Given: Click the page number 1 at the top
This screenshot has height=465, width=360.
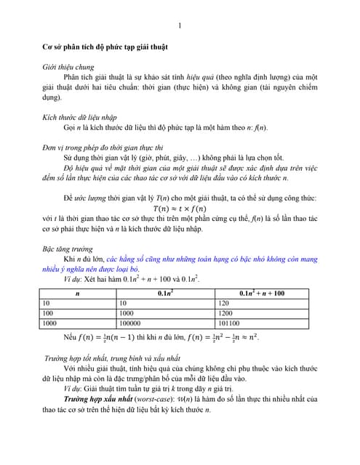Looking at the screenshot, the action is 180,27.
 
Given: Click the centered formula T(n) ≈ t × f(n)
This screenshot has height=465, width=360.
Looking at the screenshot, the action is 180,208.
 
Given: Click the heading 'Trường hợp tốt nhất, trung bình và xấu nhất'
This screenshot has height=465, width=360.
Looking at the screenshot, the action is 113,359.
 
